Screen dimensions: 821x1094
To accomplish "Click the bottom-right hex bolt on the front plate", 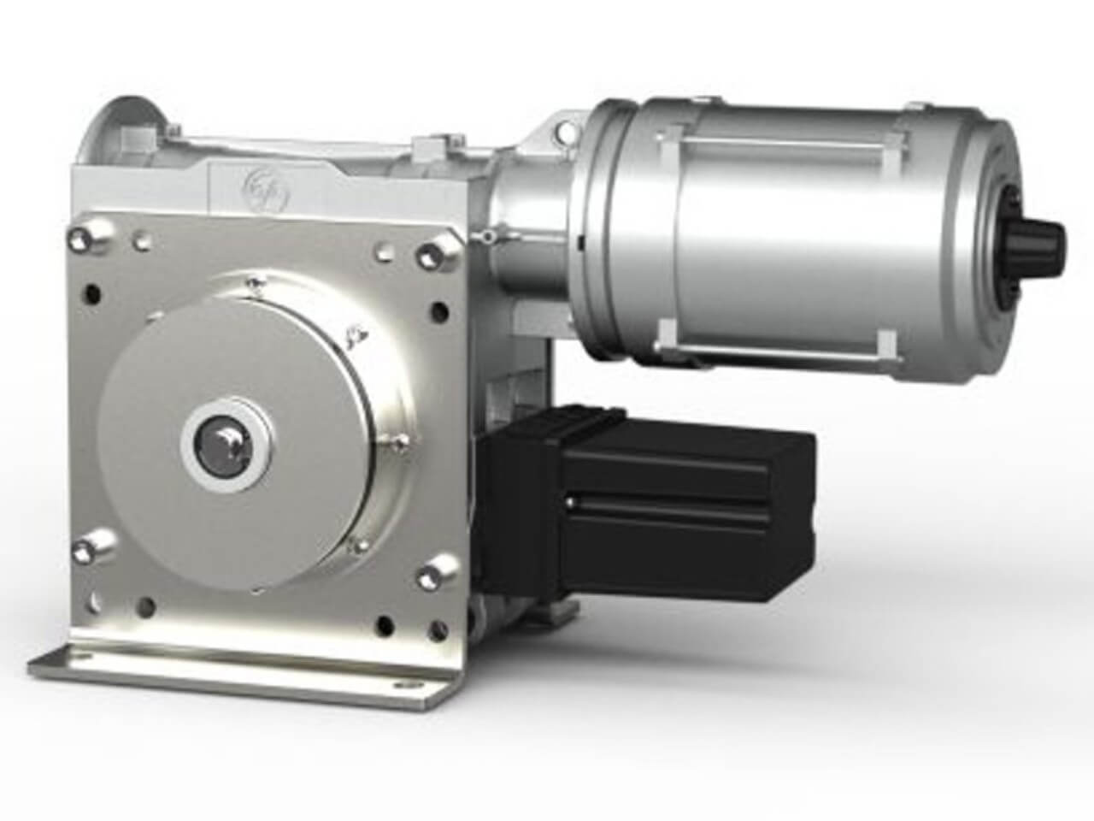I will pyautogui.click(x=443, y=568).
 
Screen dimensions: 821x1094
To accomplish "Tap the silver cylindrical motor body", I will pyautogui.click(x=786, y=239).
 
